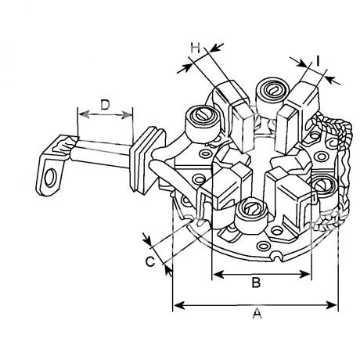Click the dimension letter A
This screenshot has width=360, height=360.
[257, 313]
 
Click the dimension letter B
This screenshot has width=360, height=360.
[256, 282]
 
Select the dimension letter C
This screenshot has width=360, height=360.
[150, 261]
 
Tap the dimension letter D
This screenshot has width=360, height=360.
[105, 105]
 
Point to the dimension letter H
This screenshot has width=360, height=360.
[195, 49]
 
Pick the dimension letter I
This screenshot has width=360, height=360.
[318, 61]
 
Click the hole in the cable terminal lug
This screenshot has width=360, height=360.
[50, 178]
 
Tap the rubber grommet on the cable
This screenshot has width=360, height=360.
[147, 160]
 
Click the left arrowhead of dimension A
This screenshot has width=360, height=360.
[179, 305]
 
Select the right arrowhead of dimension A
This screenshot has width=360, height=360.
[332, 305]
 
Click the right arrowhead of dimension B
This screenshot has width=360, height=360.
[305, 275]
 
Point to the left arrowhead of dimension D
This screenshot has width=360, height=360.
[84, 114]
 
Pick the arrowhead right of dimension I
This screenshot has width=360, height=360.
[332, 80]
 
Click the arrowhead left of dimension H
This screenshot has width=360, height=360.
[185, 68]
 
